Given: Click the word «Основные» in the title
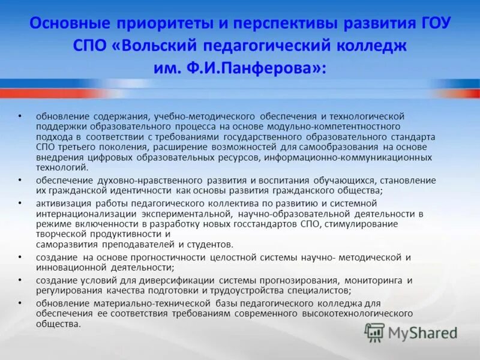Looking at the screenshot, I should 69,24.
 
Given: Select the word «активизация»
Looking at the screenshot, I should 61,203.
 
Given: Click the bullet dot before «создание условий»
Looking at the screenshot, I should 20,280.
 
